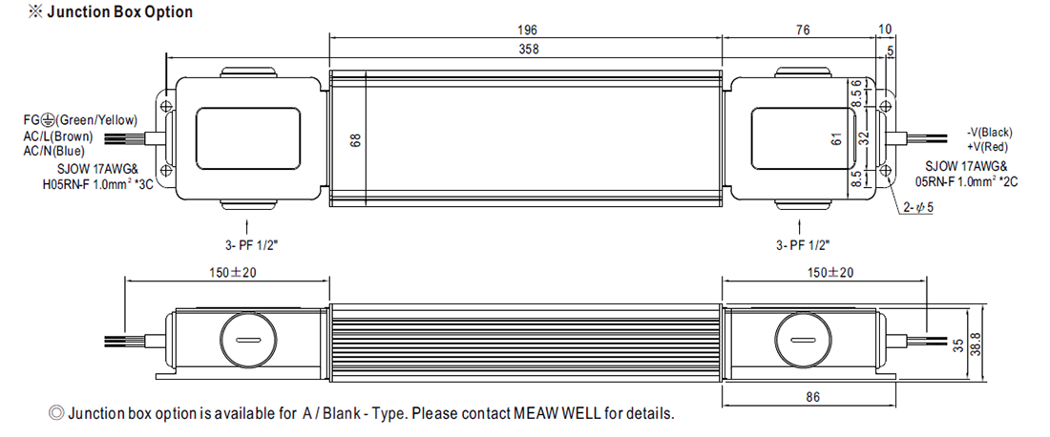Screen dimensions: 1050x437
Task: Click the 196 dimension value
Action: (x=528, y=31)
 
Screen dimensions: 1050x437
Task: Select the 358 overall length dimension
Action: (x=529, y=49)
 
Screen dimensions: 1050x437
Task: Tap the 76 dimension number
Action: (x=802, y=31)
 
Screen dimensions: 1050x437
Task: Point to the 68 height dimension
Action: (x=356, y=141)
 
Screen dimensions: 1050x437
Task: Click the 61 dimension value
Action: (x=836, y=140)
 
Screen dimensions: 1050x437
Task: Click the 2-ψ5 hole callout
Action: (x=918, y=207)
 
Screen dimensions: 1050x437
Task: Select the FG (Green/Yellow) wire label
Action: (x=80, y=120)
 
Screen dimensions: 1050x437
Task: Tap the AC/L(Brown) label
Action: (x=58, y=135)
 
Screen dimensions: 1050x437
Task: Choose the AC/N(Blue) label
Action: (x=54, y=151)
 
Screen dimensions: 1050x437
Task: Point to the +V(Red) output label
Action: (x=987, y=147)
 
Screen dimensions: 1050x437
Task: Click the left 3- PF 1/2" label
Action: (x=252, y=245)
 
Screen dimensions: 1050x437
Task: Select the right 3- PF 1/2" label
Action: (x=802, y=245)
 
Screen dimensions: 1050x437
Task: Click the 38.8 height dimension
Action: (x=975, y=344)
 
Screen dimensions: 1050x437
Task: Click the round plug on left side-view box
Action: (x=248, y=340)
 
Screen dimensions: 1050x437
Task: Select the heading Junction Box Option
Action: (x=110, y=12)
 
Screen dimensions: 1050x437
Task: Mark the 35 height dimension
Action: (x=957, y=346)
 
